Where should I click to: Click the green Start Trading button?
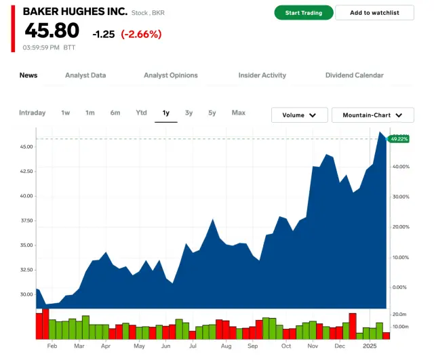(304, 13)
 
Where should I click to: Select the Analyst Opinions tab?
(171, 75)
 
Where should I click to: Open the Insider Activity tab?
(262, 75)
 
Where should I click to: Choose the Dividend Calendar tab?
(355, 75)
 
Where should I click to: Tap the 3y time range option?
(189, 113)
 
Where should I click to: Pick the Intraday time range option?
(33, 113)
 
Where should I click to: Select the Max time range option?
(238, 113)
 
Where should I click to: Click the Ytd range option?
(141, 113)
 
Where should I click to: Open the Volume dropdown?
(299, 115)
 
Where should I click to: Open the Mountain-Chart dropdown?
(373, 115)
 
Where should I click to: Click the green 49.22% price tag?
(399, 139)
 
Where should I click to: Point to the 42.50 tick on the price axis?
(27, 172)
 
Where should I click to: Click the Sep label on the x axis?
(253, 346)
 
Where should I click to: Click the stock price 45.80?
(52, 31)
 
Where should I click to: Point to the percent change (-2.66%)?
(141, 34)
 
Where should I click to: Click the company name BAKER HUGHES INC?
(75, 12)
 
